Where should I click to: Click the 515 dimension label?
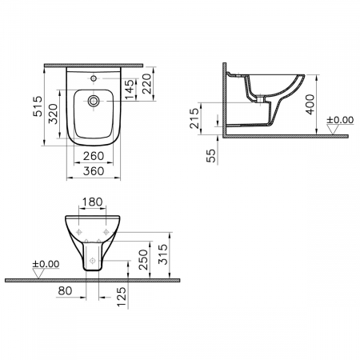point(38,106)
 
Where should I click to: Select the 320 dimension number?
point(53,114)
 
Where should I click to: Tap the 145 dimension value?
point(130,90)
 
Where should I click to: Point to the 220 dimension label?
point(146,83)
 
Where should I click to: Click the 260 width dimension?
point(94,156)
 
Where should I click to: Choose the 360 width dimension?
point(94,171)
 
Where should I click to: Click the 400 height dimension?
point(310,105)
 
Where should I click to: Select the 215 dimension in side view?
point(194,118)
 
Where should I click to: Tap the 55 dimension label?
point(210,155)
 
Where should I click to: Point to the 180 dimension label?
point(92,202)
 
